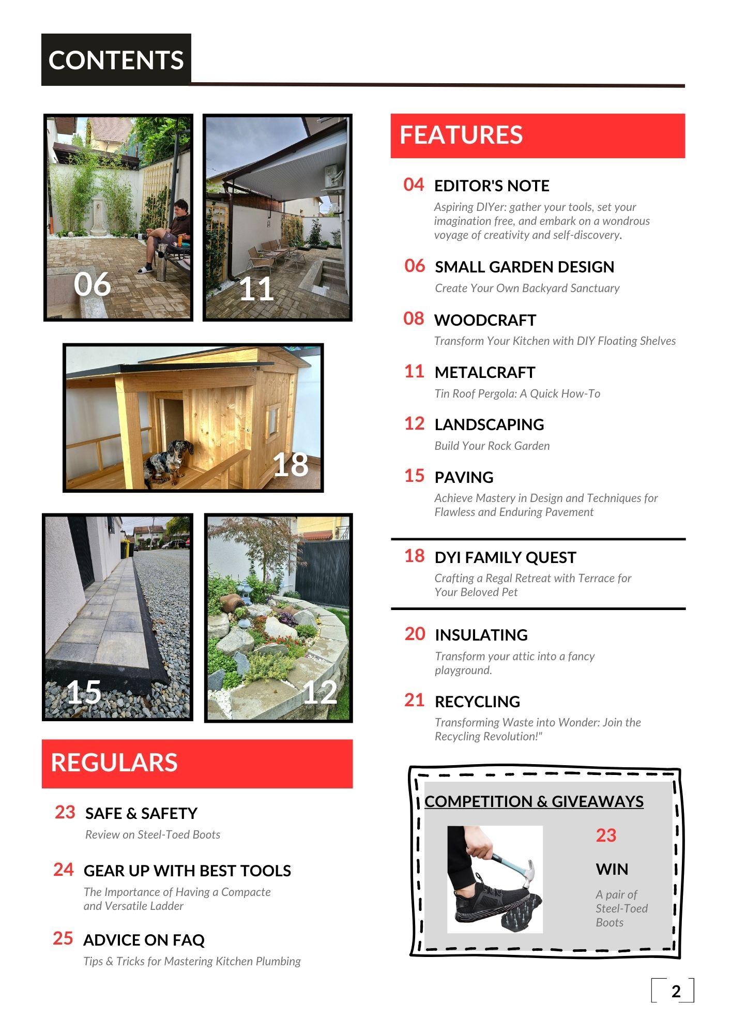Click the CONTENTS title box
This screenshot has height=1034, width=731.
[x=116, y=60]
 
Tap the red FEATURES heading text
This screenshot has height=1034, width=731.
[x=461, y=135]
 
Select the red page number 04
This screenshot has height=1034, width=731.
[x=414, y=185]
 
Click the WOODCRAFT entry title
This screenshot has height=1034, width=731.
[x=485, y=320]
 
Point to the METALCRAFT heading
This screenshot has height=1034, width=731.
[x=485, y=372]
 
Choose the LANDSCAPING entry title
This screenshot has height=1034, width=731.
[x=489, y=424]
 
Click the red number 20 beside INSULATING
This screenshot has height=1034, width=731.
[x=415, y=634]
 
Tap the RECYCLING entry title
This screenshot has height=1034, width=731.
[x=477, y=702]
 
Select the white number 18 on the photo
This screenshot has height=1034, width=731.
[x=291, y=464]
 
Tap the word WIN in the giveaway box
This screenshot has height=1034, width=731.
[x=612, y=869]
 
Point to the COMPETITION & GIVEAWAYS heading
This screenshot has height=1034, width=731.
[x=534, y=801]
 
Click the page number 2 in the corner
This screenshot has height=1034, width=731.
[x=676, y=992]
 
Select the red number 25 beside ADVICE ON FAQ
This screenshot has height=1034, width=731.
[x=63, y=938]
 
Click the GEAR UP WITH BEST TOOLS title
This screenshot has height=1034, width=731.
[x=187, y=871]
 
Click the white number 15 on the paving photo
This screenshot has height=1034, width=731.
[x=84, y=692]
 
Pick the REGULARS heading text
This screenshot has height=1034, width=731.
[x=114, y=763]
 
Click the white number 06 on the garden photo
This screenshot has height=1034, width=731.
[x=93, y=284]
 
